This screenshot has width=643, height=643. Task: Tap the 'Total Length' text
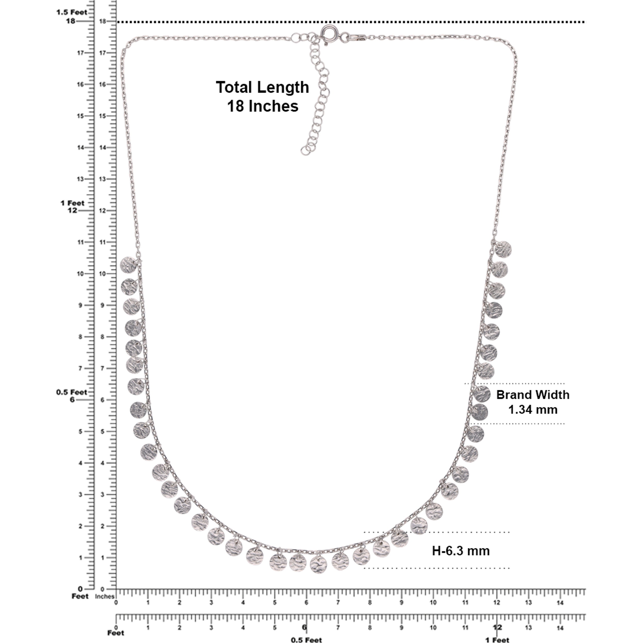263,87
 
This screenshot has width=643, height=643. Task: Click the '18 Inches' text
263,106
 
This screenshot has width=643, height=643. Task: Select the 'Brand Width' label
533,395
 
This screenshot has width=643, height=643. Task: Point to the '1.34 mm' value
533,409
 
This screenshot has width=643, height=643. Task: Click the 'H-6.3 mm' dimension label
461,551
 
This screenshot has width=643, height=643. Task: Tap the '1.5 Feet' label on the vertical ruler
72,12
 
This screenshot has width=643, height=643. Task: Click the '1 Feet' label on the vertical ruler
72,203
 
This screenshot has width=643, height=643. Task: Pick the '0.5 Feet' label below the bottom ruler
306,640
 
